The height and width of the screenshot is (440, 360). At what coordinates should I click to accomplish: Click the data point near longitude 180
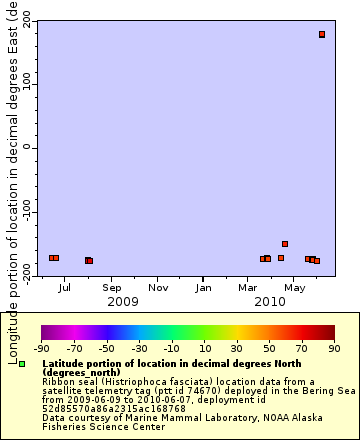click(x=322, y=34)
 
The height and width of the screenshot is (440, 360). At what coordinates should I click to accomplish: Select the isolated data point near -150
click(x=285, y=243)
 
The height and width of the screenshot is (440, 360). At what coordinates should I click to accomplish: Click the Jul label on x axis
click(x=65, y=287)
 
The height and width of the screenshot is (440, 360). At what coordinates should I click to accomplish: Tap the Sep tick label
click(x=112, y=287)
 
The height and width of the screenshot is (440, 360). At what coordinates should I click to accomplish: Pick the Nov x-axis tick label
click(x=158, y=287)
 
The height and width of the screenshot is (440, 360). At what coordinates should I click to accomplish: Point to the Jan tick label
click(x=203, y=287)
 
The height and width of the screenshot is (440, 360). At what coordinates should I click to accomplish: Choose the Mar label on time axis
click(x=248, y=287)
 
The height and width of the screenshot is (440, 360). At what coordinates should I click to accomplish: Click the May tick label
click(x=295, y=287)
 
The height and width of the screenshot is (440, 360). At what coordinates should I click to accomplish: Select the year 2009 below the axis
click(x=122, y=301)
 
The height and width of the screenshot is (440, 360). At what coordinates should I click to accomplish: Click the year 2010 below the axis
click(x=270, y=301)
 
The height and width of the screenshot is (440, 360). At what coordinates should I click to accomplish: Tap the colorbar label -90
click(x=41, y=348)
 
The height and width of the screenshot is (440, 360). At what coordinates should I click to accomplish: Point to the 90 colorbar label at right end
click(x=333, y=348)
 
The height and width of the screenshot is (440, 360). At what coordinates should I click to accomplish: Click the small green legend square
click(x=22, y=363)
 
